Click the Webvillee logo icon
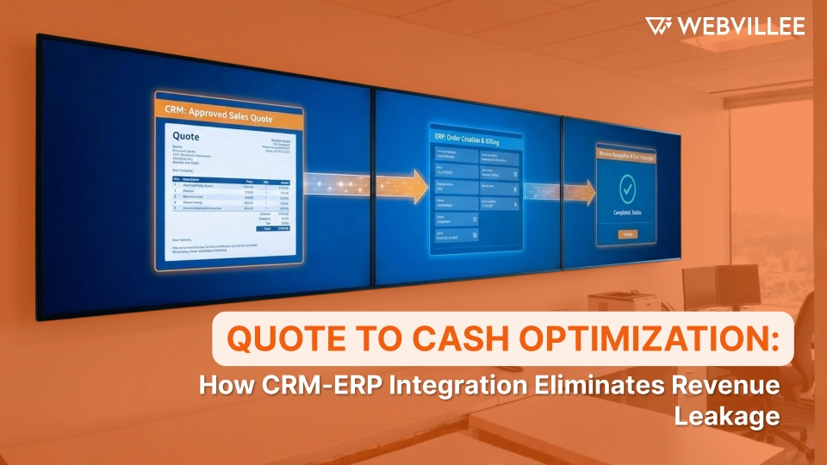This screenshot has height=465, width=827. tap(659, 26)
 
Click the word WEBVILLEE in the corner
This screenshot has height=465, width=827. tap(741, 26)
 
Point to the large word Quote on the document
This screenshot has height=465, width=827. tap(186, 136)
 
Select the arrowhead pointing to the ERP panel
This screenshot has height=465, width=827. tap(420, 186)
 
